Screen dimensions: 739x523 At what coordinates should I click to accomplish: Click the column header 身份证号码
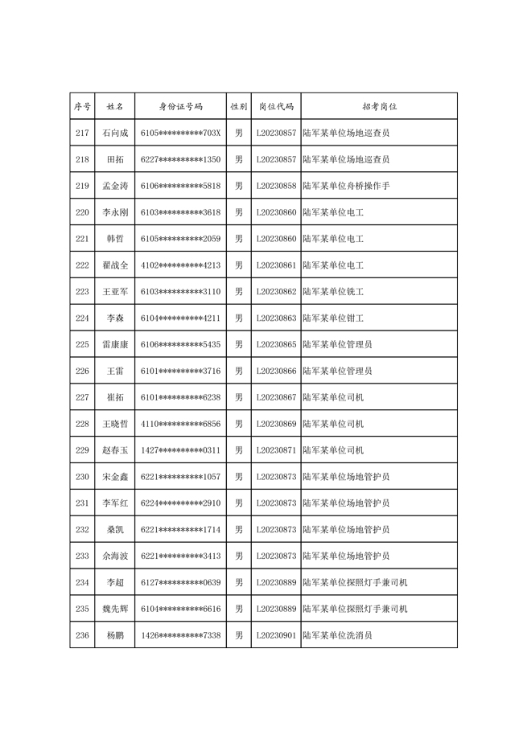[180, 106]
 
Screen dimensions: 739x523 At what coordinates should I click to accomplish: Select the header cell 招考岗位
[378, 106]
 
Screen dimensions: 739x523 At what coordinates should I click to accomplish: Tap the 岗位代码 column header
[276, 106]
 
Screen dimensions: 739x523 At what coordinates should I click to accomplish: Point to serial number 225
[82, 344]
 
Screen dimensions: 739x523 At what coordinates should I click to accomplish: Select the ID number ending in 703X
[180, 133]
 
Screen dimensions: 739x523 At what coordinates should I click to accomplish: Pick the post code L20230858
[276, 186]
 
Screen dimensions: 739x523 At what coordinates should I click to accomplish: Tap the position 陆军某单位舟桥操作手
[346, 186]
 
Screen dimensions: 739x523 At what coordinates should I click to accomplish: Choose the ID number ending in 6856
[180, 424]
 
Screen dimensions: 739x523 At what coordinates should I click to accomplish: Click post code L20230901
[276, 635]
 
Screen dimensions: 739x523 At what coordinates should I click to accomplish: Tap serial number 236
[82, 635]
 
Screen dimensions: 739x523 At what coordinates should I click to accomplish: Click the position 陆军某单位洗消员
[337, 635]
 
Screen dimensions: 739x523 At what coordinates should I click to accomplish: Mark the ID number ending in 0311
[180, 450]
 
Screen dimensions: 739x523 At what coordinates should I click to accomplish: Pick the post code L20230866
[276, 372]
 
